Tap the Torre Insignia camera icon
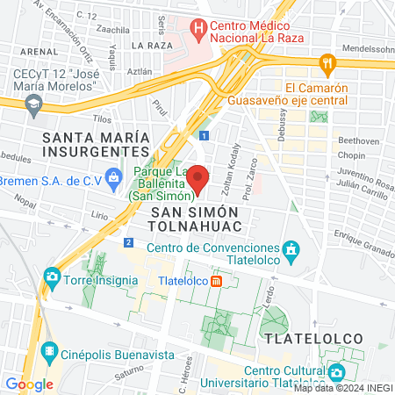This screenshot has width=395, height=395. coord(51,279)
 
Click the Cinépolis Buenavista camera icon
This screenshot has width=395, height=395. coord(50,348)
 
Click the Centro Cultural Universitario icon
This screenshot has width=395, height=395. coord(333,371)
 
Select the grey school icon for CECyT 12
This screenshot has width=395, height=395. coord(34,104)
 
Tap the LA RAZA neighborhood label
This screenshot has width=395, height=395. coord(149,45)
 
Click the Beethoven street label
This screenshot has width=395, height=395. coord(357,140)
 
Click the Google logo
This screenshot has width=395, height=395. coord(29,384)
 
